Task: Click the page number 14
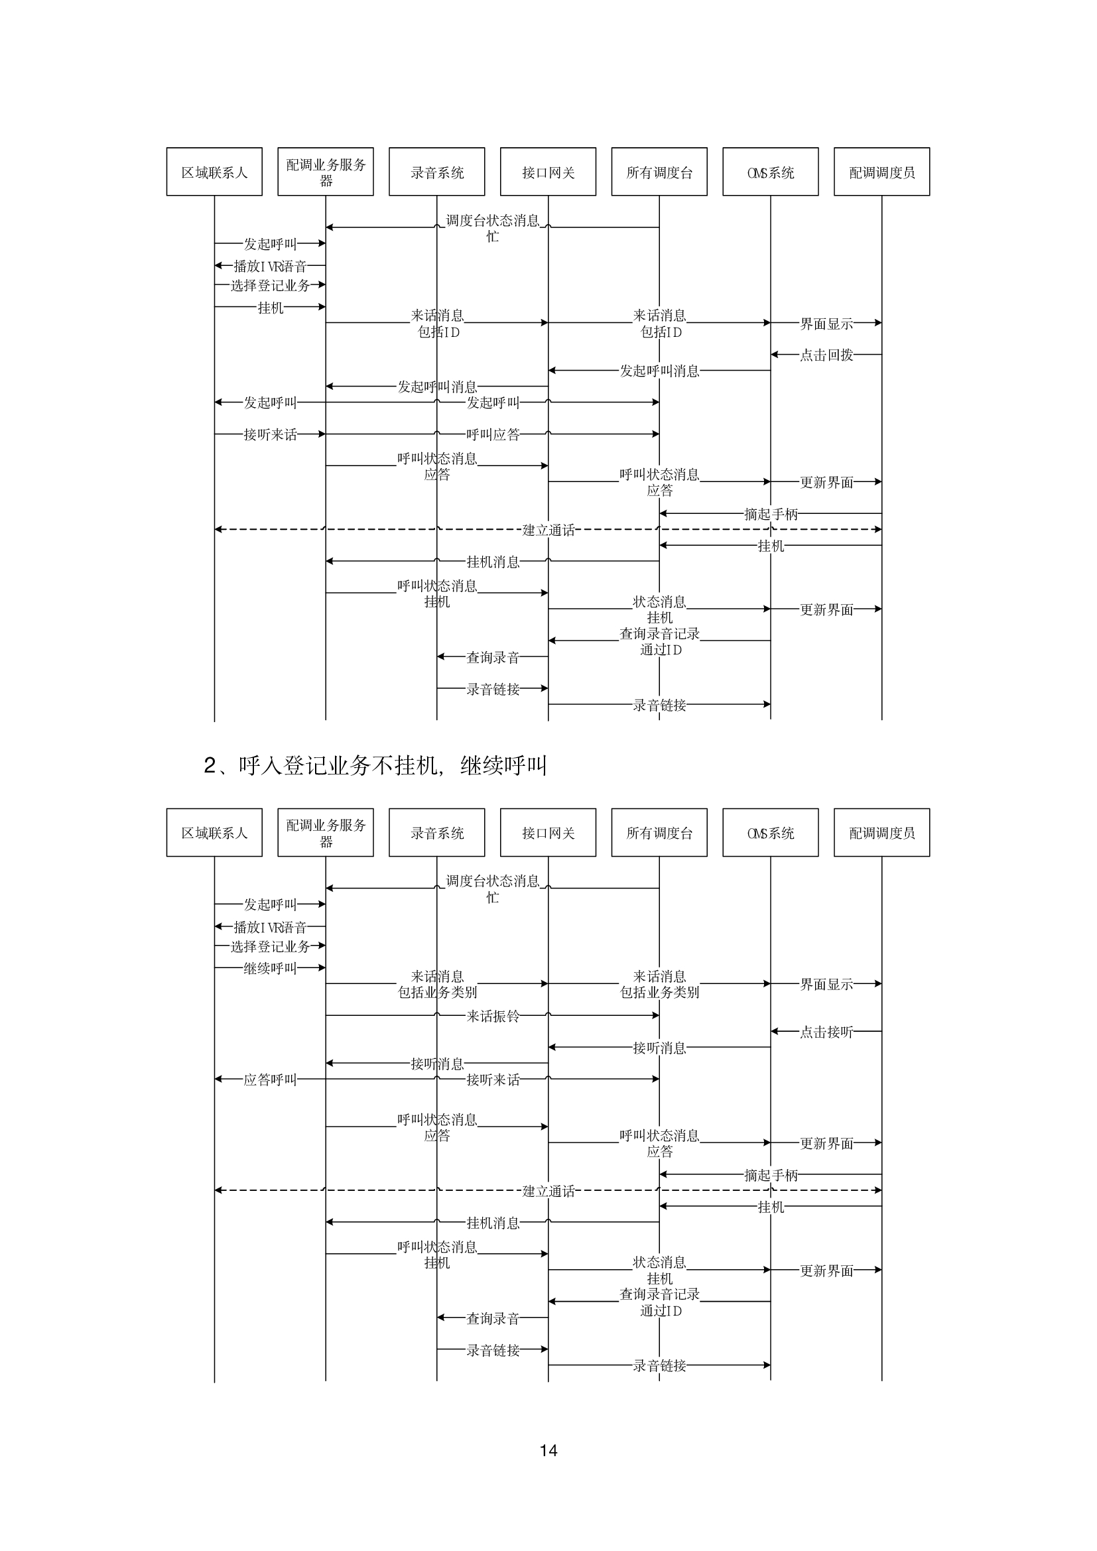[548, 1450]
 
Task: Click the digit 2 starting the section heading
[210, 765]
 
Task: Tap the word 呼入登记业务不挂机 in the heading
[338, 765]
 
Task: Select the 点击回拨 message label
[826, 355]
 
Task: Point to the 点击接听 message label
[826, 1032]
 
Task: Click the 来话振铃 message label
[492, 1016]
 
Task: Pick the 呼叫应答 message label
[492, 434]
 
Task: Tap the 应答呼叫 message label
[270, 1080]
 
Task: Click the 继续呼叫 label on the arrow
[270, 968]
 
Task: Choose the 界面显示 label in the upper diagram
[826, 324]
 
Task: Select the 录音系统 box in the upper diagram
[437, 172]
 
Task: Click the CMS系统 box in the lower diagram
[771, 832]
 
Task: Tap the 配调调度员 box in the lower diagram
[881, 832]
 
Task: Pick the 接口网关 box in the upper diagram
[548, 172]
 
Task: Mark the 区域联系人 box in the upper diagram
[214, 172]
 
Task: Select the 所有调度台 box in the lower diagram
[659, 832]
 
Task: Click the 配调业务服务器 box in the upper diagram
[326, 172]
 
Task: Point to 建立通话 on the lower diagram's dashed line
[548, 1191]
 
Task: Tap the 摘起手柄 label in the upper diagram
[771, 514]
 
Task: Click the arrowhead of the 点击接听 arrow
[775, 1031]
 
